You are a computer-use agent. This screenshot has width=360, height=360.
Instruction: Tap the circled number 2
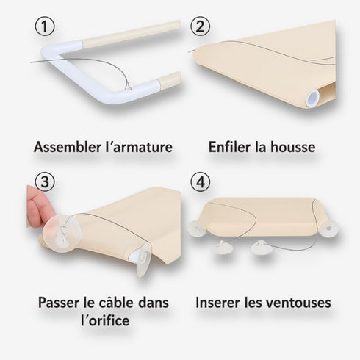[x=200, y=27]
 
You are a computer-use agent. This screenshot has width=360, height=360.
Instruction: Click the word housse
[x=292, y=147]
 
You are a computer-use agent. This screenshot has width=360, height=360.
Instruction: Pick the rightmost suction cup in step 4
[x=328, y=231]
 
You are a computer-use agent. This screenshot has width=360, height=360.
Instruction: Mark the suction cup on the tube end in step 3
[x=142, y=259]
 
